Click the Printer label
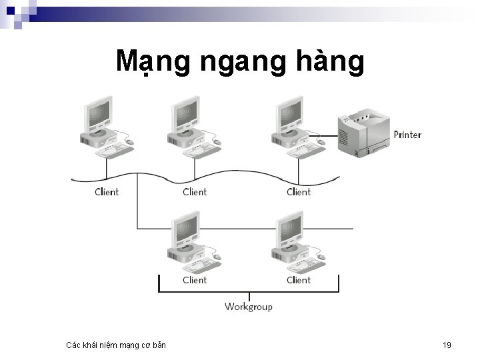(407, 135)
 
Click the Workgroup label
(248, 307)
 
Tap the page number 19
(447, 345)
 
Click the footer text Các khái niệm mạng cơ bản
(117, 345)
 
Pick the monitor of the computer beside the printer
(287, 115)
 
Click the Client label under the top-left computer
(107, 192)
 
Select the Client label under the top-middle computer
(195, 192)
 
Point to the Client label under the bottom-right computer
(299, 280)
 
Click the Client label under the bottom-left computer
(195, 280)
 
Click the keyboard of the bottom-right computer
(305, 265)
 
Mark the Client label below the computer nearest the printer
(299, 192)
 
